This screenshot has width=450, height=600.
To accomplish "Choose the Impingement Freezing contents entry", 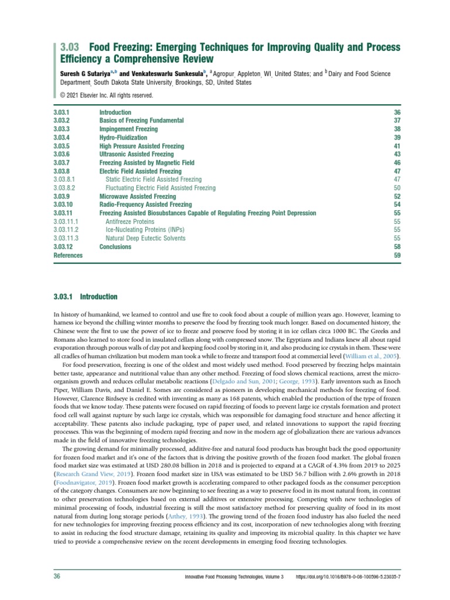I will [x=128, y=129].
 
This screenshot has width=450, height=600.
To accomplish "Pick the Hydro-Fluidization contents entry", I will [x=123, y=138].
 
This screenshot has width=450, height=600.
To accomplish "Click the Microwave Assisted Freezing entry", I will [x=137, y=196].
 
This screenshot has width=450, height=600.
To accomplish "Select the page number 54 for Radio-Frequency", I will [x=397, y=205].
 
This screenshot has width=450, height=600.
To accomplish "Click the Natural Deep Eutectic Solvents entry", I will [x=145, y=238].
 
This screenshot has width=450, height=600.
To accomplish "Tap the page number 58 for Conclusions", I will [x=397, y=247].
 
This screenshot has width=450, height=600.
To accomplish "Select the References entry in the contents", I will [x=68, y=255].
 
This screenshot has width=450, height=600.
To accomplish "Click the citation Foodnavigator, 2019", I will [x=79, y=484].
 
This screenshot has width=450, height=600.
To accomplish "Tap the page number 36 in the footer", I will [x=57, y=577].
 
